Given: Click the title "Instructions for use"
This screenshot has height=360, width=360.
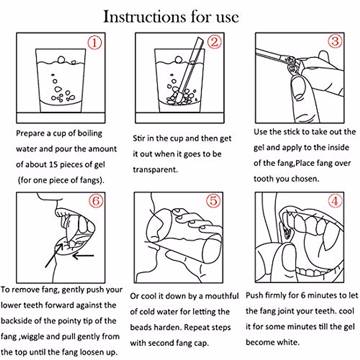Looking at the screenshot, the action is click(171, 17).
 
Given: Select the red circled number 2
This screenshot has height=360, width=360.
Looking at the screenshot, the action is click(214, 42).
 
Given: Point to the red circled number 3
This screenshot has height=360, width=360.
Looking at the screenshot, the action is click(335, 41).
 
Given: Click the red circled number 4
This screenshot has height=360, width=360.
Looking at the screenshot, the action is click(335, 201).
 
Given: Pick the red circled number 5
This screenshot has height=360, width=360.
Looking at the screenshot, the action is click(213, 201).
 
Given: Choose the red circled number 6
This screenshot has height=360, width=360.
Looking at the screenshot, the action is click(96, 201).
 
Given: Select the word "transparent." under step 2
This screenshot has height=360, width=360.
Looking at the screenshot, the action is click(155, 170).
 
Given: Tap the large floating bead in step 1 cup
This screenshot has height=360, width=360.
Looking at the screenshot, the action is click(61, 60).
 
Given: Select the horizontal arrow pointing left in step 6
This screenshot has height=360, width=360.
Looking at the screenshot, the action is click(83, 255).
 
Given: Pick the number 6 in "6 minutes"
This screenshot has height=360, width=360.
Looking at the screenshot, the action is click(303, 295).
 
